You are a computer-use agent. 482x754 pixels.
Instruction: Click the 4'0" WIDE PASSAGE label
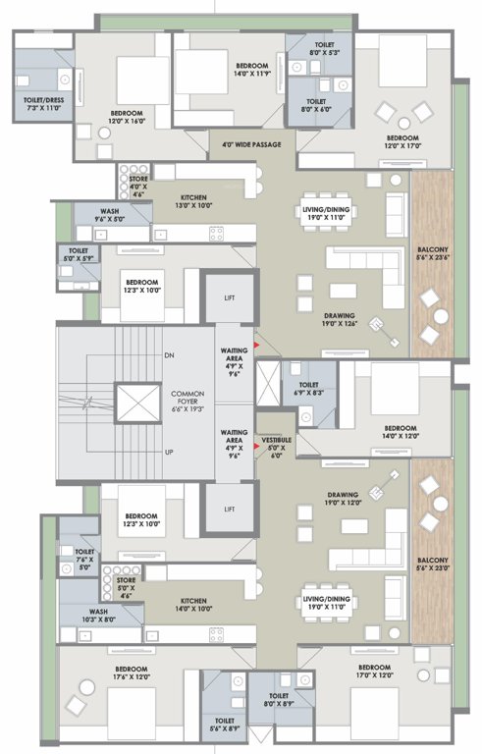point(252,144)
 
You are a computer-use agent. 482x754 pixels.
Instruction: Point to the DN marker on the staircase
point(169,354)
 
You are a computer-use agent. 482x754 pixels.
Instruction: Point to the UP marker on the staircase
point(169,453)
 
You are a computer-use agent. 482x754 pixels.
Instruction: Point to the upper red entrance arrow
point(257,346)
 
